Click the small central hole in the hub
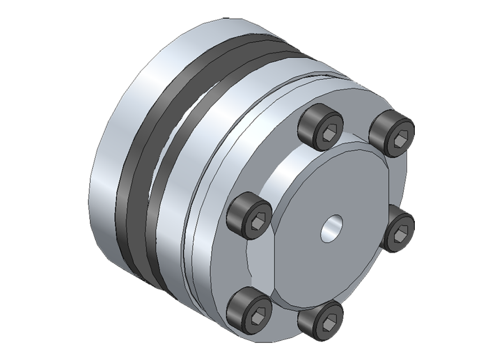[x=331, y=228]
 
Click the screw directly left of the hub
[x=249, y=217]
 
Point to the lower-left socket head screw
[x=249, y=310]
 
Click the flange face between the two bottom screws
[x=281, y=328]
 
